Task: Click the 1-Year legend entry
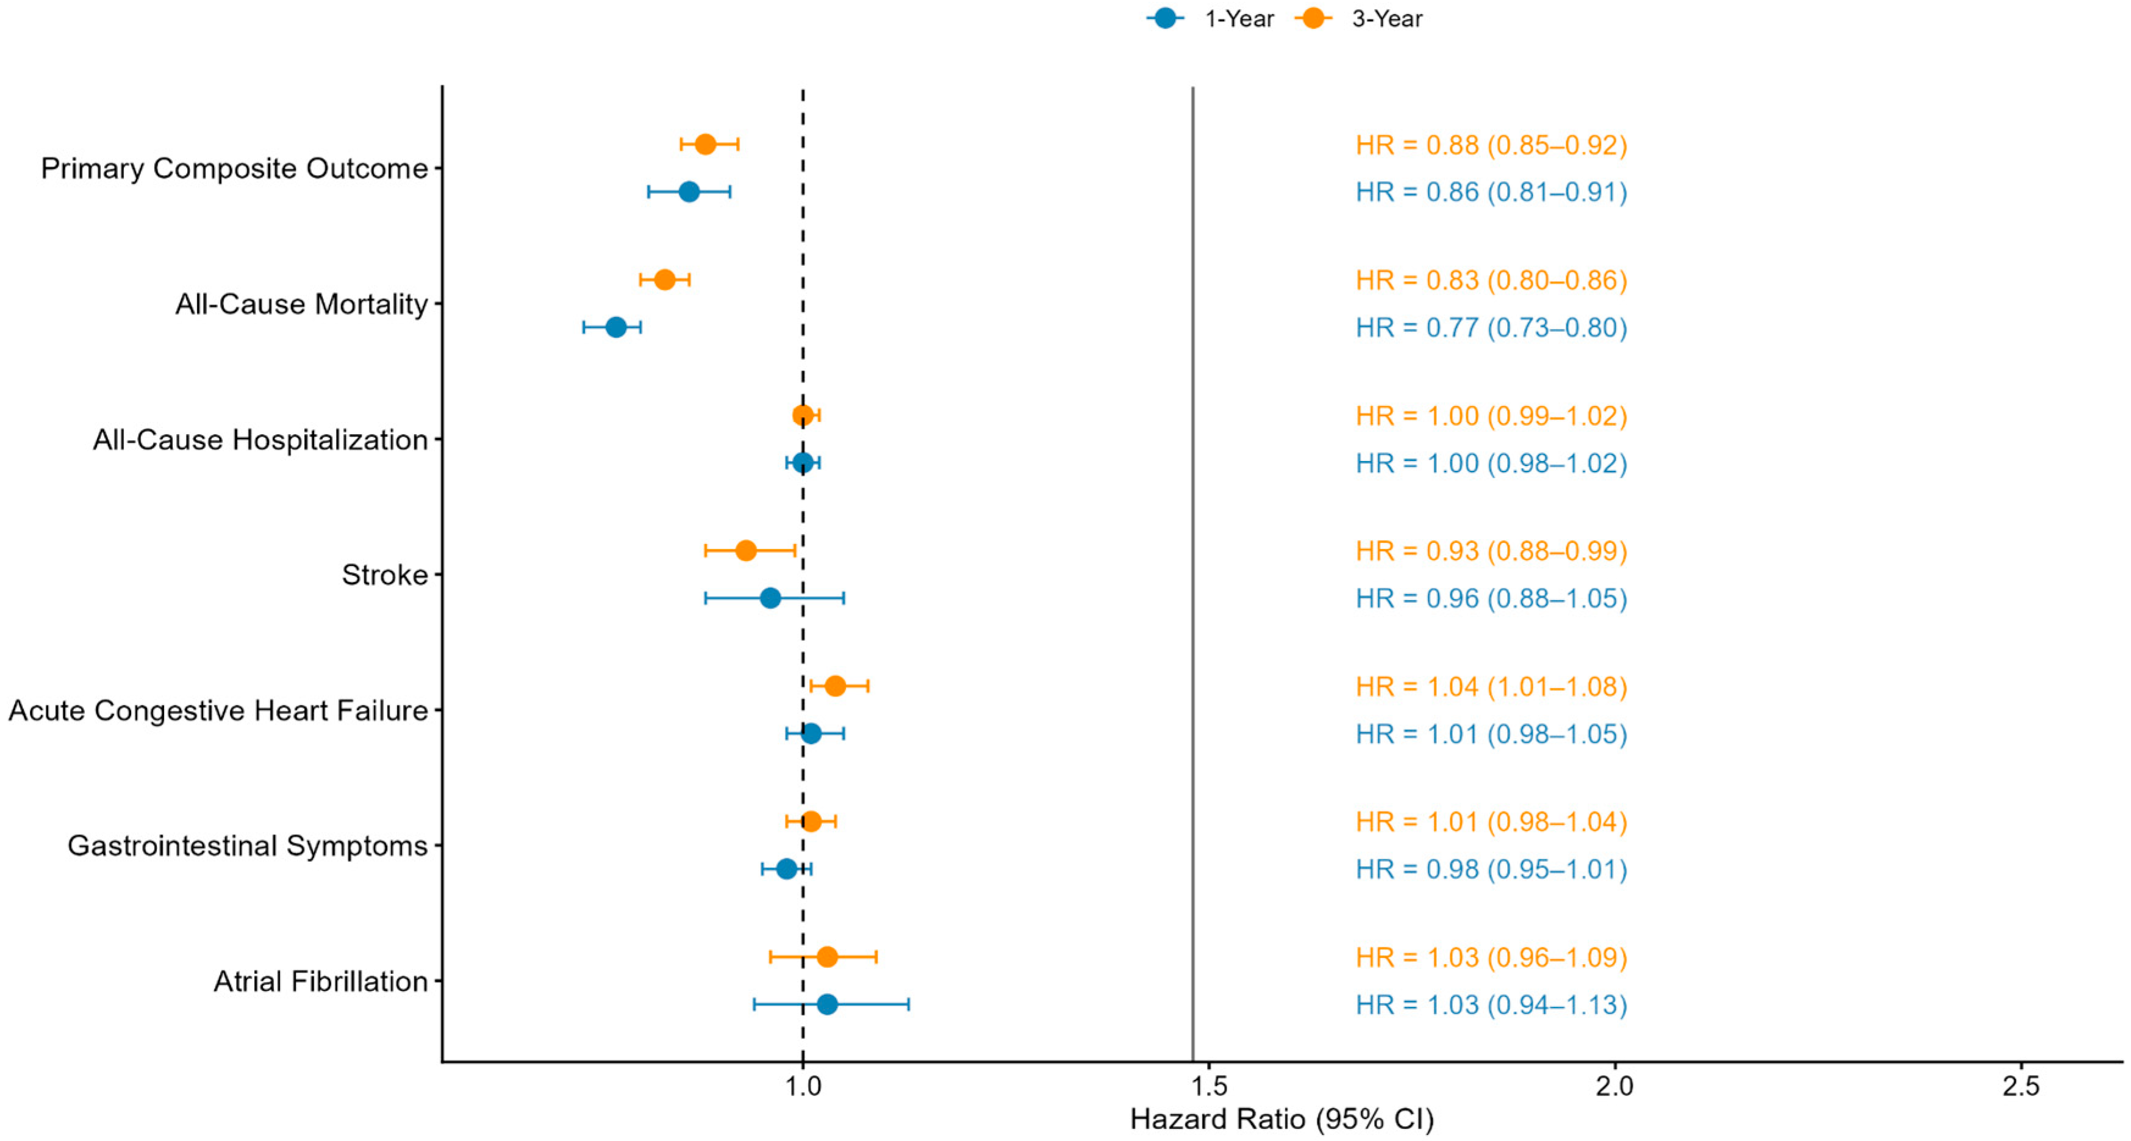(1210, 18)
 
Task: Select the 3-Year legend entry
(1358, 18)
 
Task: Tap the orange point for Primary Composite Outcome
(705, 145)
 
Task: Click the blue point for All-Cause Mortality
(615, 327)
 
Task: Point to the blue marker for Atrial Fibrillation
(826, 1004)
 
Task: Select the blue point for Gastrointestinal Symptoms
(787, 869)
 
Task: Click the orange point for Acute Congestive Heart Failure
(835, 686)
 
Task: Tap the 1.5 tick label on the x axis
(1209, 1086)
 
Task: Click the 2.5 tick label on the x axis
(2021, 1086)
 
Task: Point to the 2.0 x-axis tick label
(1615, 1086)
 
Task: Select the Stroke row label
(385, 574)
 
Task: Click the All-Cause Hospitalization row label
(260, 439)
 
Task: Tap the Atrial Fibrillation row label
(321, 981)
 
